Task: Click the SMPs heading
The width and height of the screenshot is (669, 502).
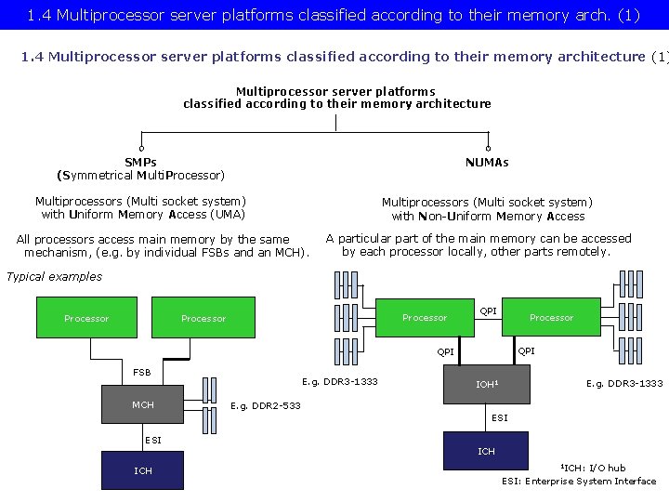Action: click(x=140, y=163)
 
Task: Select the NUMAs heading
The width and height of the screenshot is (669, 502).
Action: click(x=487, y=163)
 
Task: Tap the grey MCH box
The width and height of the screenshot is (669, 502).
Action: click(x=143, y=405)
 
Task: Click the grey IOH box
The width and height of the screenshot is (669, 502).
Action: click(x=487, y=384)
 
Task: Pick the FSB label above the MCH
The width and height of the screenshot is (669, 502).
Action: click(x=141, y=373)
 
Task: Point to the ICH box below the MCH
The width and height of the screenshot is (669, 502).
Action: click(x=143, y=470)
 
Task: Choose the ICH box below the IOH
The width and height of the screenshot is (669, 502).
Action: click(x=487, y=451)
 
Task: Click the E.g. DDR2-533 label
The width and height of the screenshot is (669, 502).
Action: click(x=266, y=405)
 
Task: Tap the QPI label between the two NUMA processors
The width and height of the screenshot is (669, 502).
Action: click(x=488, y=311)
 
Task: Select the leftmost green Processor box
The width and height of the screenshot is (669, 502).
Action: click(x=86, y=318)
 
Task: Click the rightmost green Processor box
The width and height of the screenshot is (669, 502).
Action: click(x=552, y=317)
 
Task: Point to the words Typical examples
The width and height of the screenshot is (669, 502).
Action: click(x=54, y=276)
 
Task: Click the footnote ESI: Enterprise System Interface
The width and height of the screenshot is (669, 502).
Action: click(x=579, y=481)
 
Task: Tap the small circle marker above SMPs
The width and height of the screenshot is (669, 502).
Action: click(x=141, y=148)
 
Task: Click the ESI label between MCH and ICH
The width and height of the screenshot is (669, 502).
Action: click(x=152, y=440)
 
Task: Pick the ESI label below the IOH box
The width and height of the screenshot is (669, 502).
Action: click(x=500, y=418)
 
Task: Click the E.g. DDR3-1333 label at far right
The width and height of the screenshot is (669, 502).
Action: click(x=624, y=383)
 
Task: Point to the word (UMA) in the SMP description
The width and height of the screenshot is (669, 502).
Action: click(x=227, y=215)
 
